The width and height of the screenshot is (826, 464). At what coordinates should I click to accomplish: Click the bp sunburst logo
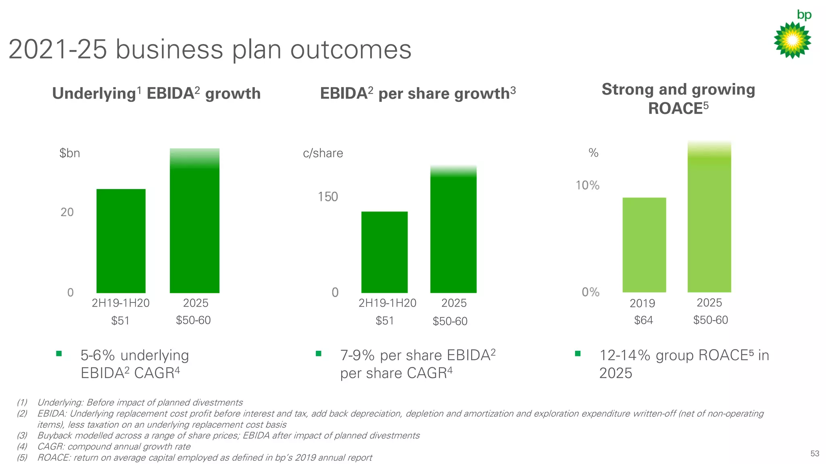point(792,40)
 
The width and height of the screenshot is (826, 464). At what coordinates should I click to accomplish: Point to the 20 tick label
point(67,212)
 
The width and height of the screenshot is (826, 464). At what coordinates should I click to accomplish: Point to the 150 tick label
point(327,197)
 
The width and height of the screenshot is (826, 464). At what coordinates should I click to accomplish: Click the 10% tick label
point(587,185)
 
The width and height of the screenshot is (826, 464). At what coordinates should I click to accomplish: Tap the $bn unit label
point(69,153)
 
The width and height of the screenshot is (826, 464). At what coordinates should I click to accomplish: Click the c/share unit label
point(323,153)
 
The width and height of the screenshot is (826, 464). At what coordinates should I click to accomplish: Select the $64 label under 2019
point(643,320)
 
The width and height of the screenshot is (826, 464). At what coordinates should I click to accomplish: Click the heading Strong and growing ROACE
point(678,99)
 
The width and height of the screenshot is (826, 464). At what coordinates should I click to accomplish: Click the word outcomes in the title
point(350,50)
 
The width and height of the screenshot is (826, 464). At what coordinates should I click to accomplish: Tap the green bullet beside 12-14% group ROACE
point(578,354)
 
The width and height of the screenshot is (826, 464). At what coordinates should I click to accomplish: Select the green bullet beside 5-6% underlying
point(59,354)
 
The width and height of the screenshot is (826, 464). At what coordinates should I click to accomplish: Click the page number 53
point(815,454)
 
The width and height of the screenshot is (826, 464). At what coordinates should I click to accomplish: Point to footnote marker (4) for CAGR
point(22,447)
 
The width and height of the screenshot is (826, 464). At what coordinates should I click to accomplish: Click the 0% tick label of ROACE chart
point(590,292)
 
